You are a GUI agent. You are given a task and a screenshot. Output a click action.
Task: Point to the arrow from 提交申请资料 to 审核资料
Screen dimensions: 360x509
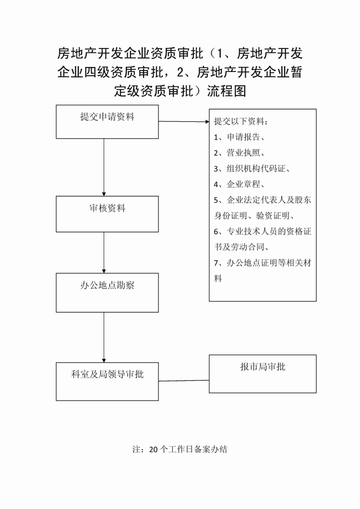[104, 167]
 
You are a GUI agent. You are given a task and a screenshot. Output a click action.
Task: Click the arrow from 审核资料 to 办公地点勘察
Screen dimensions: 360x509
[104, 252]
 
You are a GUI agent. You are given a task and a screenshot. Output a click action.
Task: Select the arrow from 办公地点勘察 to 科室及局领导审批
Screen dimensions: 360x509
[104, 337]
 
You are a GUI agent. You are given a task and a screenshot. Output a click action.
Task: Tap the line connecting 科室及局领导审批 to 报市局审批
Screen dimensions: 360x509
[184, 380]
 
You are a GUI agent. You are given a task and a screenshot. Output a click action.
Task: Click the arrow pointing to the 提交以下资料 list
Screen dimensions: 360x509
[184, 121]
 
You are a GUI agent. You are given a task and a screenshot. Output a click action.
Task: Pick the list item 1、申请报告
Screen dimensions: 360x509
[239, 137]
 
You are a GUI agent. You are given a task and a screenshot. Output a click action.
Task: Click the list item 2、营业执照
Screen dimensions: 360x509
[239, 153]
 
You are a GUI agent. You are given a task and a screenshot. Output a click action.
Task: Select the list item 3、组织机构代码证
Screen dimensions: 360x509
[252, 168]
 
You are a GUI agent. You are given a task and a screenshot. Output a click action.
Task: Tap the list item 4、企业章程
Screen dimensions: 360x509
[239, 184]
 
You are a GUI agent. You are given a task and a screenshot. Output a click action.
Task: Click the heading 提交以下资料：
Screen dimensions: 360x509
[241, 121]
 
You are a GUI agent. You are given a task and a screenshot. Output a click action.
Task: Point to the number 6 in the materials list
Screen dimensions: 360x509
[216, 231]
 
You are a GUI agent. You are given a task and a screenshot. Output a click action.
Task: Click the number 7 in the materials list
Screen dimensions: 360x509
[216, 263]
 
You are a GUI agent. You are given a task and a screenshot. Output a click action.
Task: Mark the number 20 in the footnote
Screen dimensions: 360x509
[153, 450]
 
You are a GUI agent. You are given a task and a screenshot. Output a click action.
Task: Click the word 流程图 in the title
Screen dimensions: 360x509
[227, 91]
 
